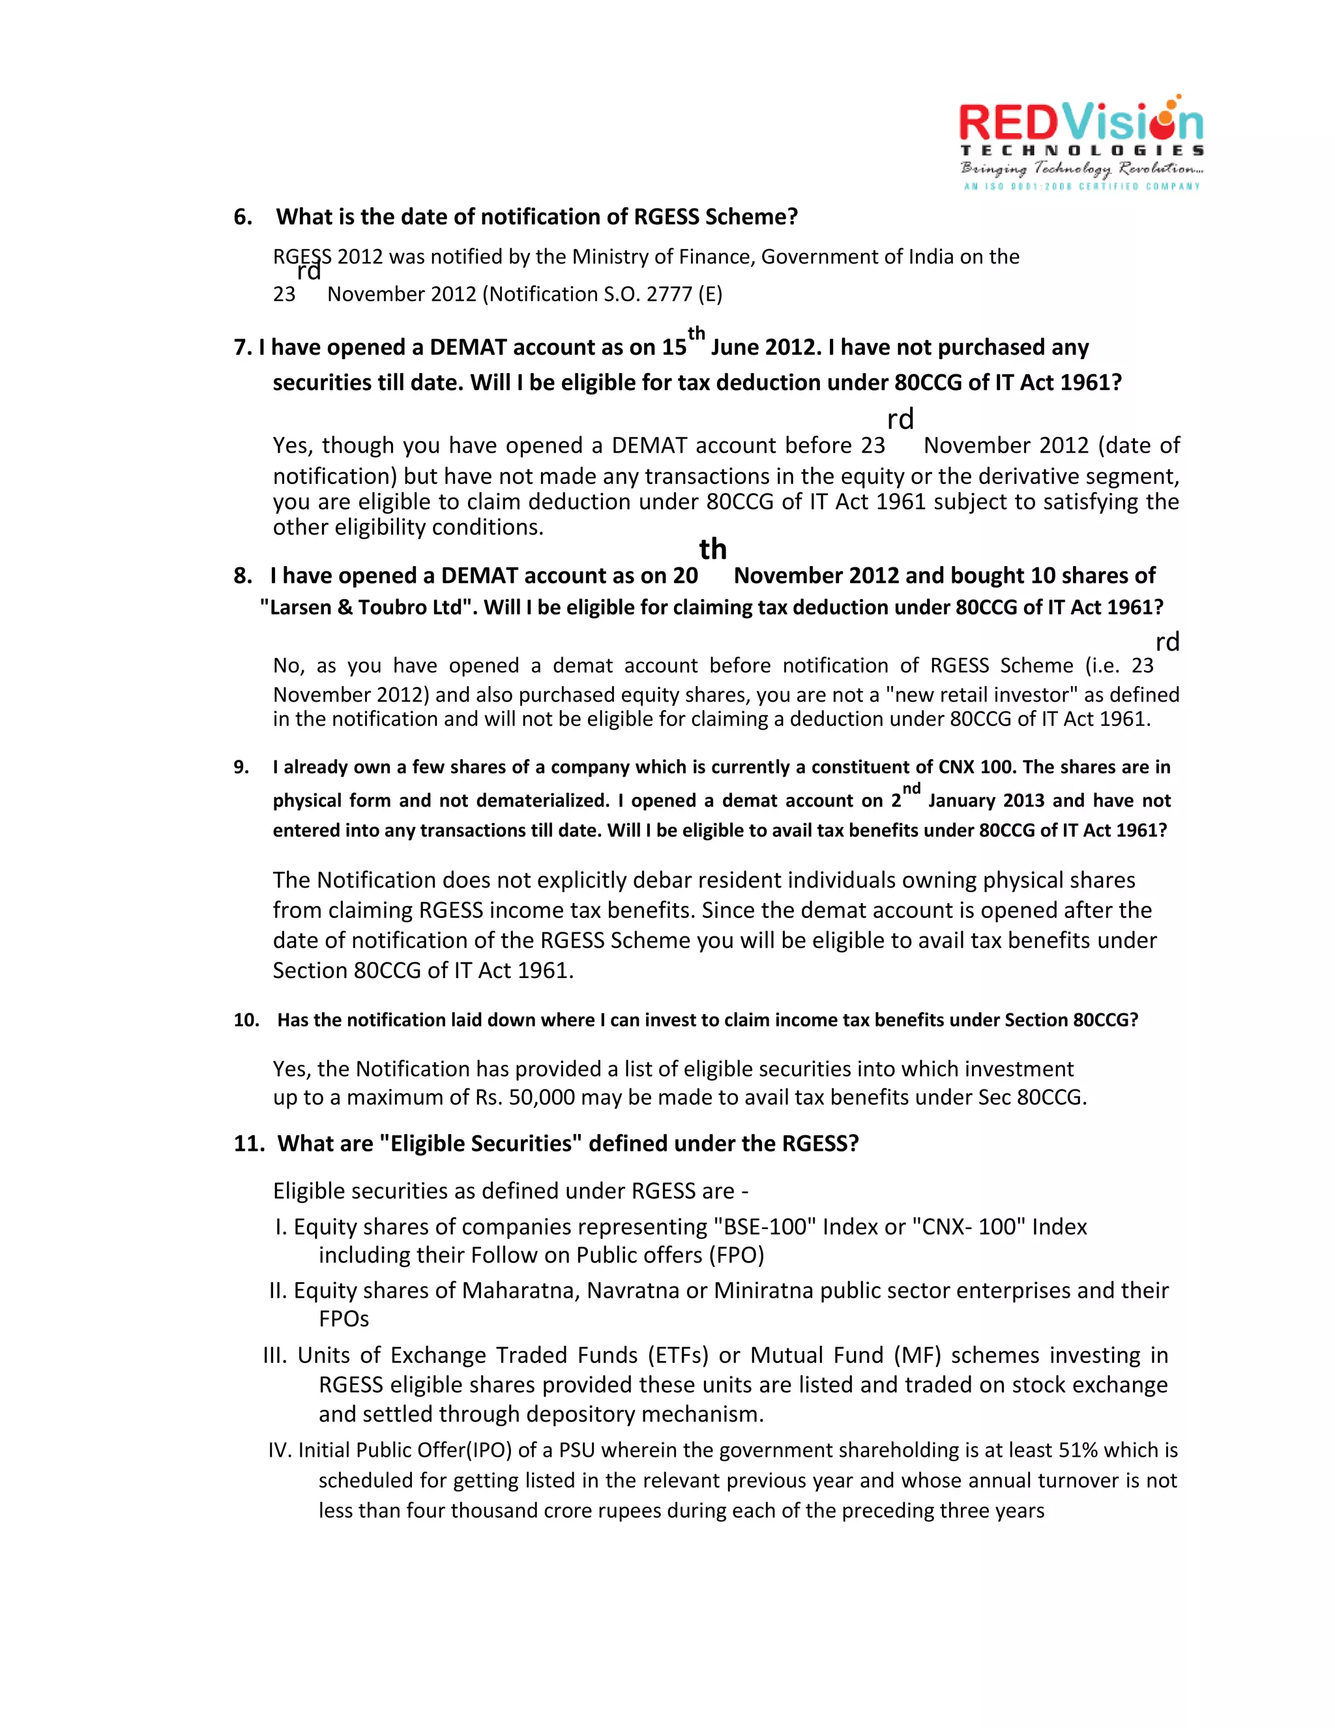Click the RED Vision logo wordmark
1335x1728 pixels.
point(1080,123)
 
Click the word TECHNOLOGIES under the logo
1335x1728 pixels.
point(1081,151)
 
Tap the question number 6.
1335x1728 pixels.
point(242,216)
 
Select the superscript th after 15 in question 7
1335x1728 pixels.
point(696,333)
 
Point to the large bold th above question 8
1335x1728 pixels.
point(712,549)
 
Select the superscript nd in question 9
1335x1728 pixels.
point(911,789)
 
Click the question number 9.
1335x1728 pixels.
point(241,767)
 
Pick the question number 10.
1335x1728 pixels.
point(246,1020)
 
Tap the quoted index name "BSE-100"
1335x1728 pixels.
point(764,1227)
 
